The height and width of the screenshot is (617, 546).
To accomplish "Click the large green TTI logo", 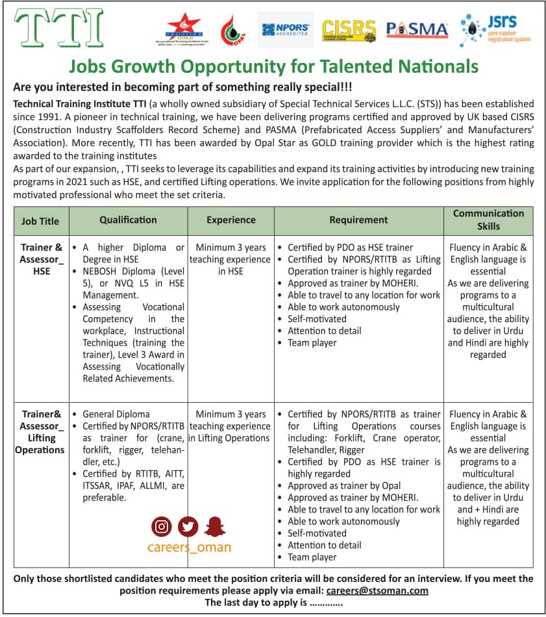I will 58,28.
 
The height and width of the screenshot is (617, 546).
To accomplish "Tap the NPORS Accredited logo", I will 286,30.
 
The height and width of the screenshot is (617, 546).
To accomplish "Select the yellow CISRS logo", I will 349,30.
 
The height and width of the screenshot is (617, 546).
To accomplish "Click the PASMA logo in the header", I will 417,29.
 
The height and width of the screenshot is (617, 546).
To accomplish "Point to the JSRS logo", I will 495,29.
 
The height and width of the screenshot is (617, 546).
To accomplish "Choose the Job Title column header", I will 40,221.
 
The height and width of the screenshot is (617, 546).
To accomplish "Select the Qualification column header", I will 128,220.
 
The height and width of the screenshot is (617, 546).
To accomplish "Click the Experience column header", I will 231,220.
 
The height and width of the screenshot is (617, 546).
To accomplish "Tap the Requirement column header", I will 358,220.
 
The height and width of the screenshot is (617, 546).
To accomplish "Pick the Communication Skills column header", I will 488,220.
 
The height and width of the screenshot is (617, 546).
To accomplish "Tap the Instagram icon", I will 161,526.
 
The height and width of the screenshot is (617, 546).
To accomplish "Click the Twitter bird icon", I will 188,526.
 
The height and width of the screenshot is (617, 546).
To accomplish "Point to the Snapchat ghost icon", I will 215,526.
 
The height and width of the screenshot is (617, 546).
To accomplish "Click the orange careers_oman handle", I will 189,547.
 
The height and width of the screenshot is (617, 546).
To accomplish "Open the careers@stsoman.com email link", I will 377,590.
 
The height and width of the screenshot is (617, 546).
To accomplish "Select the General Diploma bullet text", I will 116,414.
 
